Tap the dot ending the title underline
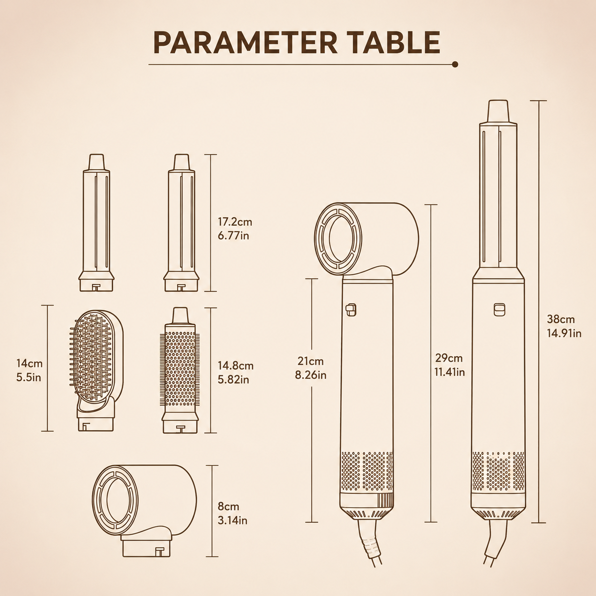point(455,64)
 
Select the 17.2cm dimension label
point(235,222)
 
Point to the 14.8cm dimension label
point(236,365)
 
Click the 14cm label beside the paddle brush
point(29,364)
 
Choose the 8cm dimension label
point(229,507)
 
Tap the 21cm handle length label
point(310,361)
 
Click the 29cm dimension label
point(449,358)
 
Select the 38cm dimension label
point(561,319)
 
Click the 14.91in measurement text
point(564,333)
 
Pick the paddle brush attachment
point(96,371)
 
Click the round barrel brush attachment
point(180,370)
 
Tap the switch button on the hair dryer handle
point(351,310)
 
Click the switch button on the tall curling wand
point(500,309)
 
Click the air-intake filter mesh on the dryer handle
point(367,471)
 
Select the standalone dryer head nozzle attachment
point(144,510)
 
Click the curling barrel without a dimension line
point(96,223)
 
